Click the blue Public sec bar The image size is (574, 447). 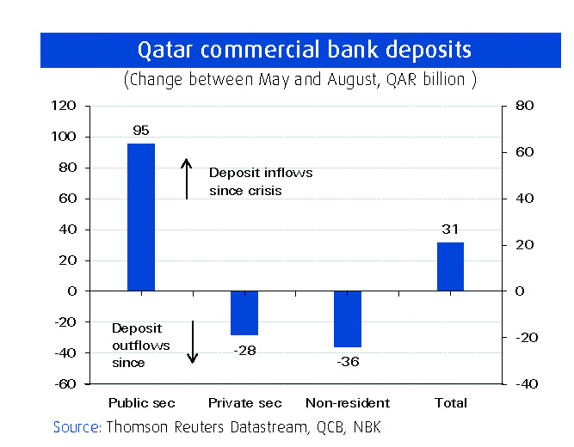pyautogui.click(x=141, y=217)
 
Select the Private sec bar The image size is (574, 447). pyautogui.click(x=244, y=313)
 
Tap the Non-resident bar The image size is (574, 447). pyautogui.click(x=348, y=319)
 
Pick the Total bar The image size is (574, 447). pyautogui.click(x=451, y=266)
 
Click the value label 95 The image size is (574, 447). pyautogui.click(x=141, y=131)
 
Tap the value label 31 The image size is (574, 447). pyautogui.click(x=451, y=230)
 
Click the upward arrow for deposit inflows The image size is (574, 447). pyautogui.click(x=186, y=178)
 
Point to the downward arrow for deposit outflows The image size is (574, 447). pyautogui.click(x=193, y=341)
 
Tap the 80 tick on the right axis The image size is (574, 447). pyautogui.click(x=524, y=106)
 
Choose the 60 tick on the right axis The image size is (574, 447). pyautogui.click(x=524, y=152)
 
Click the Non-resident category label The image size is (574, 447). pyautogui.click(x=348, y=403)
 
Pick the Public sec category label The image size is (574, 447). pyautogui.click(x=141, y=403)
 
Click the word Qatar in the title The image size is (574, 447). pyautogui.click(x=166, y=49)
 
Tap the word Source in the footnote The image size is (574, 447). pyautogui.click(x=77, y=427)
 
